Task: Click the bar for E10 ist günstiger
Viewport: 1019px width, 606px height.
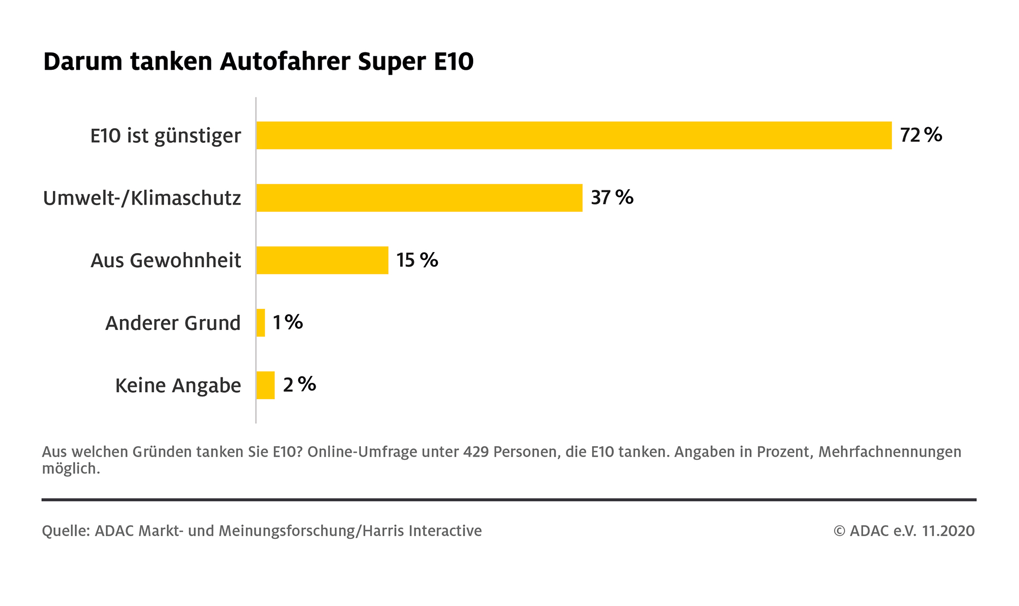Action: tap(574, 135)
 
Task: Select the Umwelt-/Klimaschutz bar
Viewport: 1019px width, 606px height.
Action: tap(419, 197)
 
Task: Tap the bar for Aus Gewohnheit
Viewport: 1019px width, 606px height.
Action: tap(322, 260)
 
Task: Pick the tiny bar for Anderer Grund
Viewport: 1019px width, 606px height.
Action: tap(261, 323)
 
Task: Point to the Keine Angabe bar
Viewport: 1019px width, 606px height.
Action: tap(266, 385)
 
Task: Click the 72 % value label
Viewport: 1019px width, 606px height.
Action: tap(921, 135)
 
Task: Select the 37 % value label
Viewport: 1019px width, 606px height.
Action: tap(612, 197)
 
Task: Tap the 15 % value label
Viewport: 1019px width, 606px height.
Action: tap(417, 260)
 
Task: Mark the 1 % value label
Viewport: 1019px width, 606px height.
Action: tap(287, 322)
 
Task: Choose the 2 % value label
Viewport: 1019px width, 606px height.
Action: tap(299, 385)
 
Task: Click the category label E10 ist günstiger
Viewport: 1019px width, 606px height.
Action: tap(165, 136)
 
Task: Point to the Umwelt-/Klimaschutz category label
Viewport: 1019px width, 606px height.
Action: tap(142, 198)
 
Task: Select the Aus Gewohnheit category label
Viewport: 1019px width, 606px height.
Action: tap(166, 261)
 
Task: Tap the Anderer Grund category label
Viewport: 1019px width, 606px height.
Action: tap(173, 323)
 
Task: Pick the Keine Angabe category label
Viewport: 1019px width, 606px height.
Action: tap(178, 386)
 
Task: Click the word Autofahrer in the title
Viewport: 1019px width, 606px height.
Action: tap(285, 62)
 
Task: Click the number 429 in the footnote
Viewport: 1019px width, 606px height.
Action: tap(475, 452)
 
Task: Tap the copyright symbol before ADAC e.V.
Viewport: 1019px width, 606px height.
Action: tap(839, 531)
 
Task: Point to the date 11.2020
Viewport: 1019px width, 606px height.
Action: tap(948, 531)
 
